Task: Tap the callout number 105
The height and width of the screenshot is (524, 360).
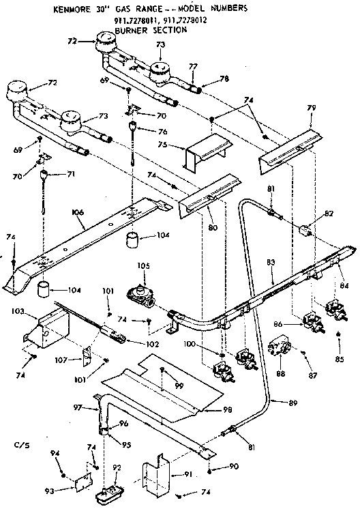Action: [143, 265]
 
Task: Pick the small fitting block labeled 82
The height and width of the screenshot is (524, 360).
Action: [305, 230]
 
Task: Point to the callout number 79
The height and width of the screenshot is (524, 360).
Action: [313, 108]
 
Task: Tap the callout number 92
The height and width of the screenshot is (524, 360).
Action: [116, 468]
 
